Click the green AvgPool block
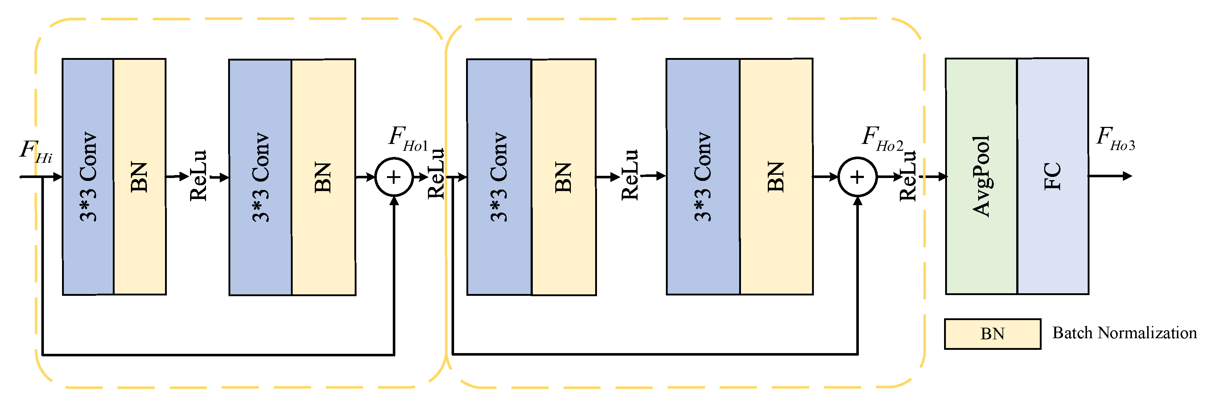click(x=981, y=176)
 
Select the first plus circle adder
click(x=394, y=177)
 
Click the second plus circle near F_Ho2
click(x=857, y=177)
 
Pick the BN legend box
click(x=992, y=334)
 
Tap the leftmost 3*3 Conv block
click(x=88, y=177)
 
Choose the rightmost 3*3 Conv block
click(x=703, y=177)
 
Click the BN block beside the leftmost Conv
click(x=140, y=177)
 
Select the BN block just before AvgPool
click(x=776, y=177)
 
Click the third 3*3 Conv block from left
click(x=499, y=177)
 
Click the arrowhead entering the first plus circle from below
click(x=394, y=201)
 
